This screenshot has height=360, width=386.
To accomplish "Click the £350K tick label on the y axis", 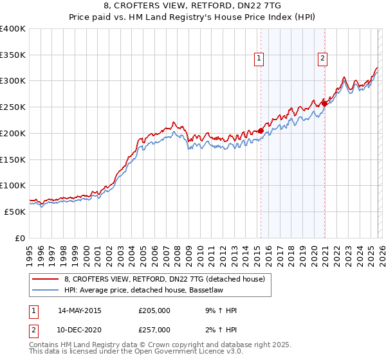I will click(13, 55).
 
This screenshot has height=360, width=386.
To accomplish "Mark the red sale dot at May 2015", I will click(261, 131).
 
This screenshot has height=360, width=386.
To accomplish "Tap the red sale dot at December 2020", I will click(325, 104).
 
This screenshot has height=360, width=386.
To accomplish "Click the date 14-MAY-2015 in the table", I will click(79, 310).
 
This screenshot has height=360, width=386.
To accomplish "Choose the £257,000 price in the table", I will click(154, 329).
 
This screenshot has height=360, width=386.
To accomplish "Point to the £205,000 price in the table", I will click(154, 310).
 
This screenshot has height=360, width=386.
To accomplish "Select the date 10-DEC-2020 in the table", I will click(79, 329).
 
